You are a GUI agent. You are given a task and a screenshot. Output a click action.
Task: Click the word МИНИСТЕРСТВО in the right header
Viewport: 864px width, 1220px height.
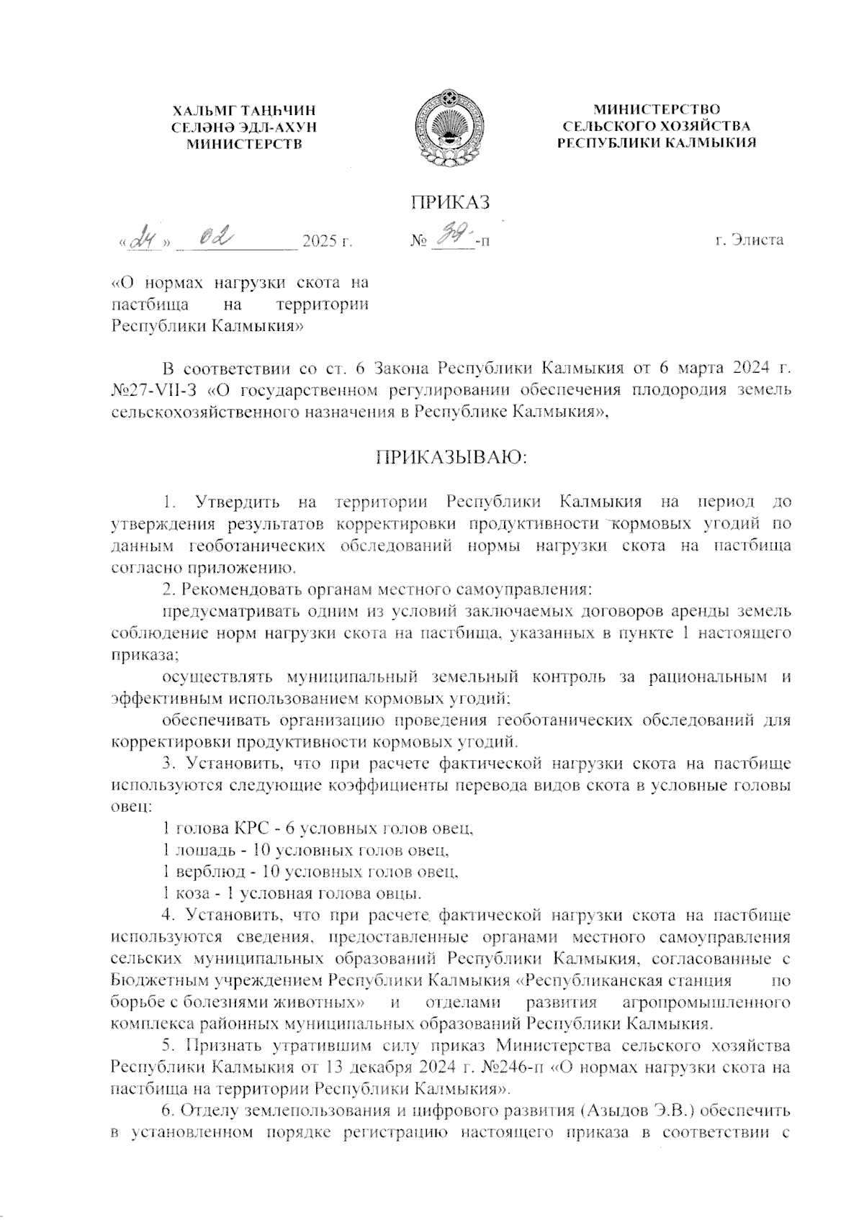(657, 109)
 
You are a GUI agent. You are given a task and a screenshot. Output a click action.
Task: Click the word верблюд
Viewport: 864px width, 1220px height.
(207, 872)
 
